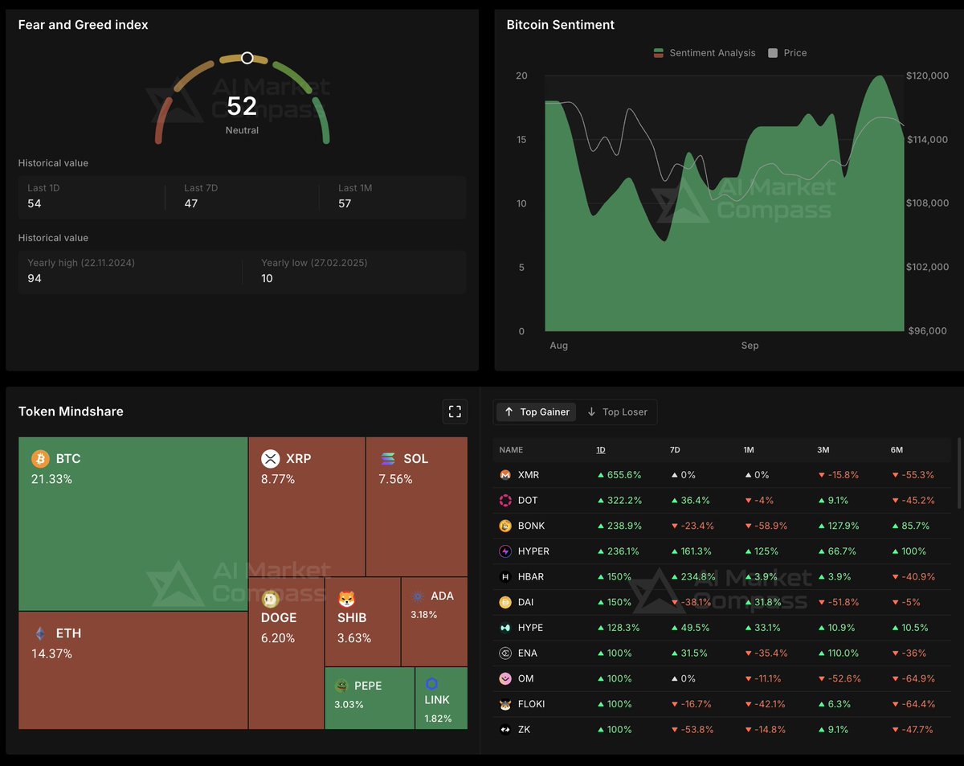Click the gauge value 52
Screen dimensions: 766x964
click(x=242, y=106)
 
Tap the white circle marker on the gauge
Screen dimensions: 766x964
click(x=247, y=58)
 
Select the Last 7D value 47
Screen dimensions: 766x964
click(x=191, y=203)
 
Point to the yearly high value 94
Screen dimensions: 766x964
click(x=35, y=278)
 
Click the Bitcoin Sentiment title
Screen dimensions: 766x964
click(x=560, y=25)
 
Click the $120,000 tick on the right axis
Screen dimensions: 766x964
click(x=927, y=76)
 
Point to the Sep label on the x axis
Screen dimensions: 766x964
click(x=750, y=346)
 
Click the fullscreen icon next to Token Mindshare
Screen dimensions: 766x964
click(x=455, y=412)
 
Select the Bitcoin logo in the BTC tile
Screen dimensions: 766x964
click(x=40, y=459)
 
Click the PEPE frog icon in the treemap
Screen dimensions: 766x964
click(x=341, y=686)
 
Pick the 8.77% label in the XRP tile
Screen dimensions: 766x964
click(x=278, y=479)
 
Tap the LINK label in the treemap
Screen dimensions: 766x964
click(x=438, y=700)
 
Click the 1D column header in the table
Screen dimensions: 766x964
click(x=601, y=450)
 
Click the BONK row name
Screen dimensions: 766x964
click(x=531, y=526)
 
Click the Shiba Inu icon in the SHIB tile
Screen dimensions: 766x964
click(x=346, y=599)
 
